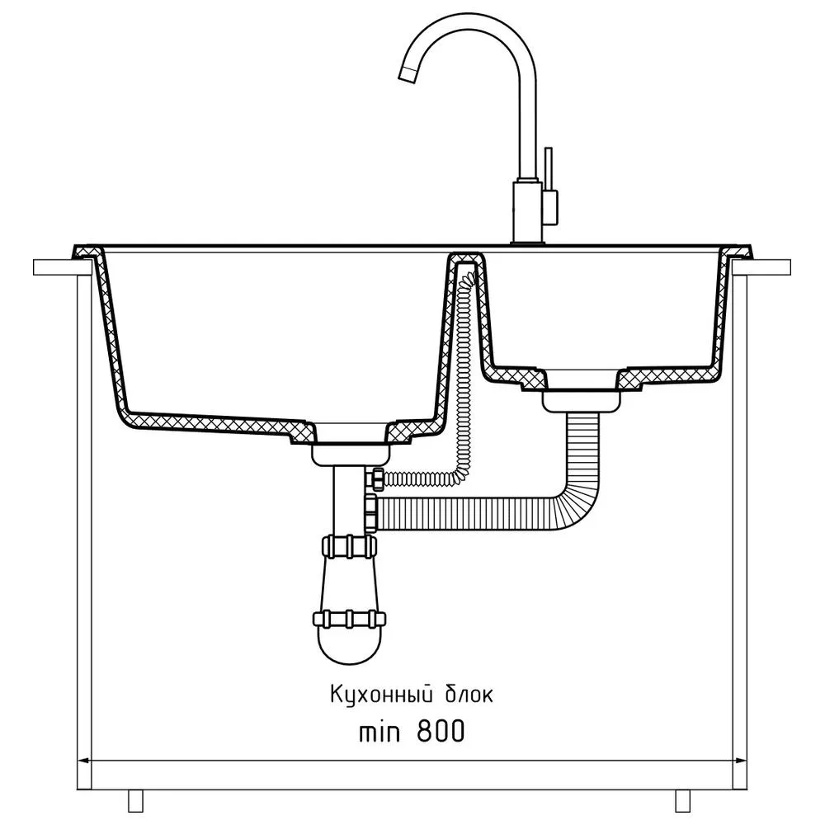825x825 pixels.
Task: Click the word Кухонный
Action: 381,695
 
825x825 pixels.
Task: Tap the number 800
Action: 441,731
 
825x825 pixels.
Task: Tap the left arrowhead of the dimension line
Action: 84,761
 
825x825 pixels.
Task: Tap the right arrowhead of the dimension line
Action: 740,761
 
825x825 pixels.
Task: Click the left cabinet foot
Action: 136,801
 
